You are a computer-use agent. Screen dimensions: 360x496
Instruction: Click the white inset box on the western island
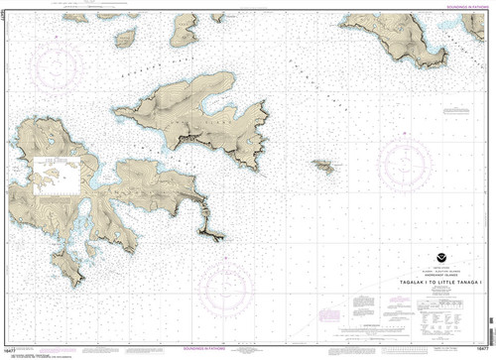(55, 178)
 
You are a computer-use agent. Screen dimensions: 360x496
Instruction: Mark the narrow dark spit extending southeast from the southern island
(211, 231)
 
